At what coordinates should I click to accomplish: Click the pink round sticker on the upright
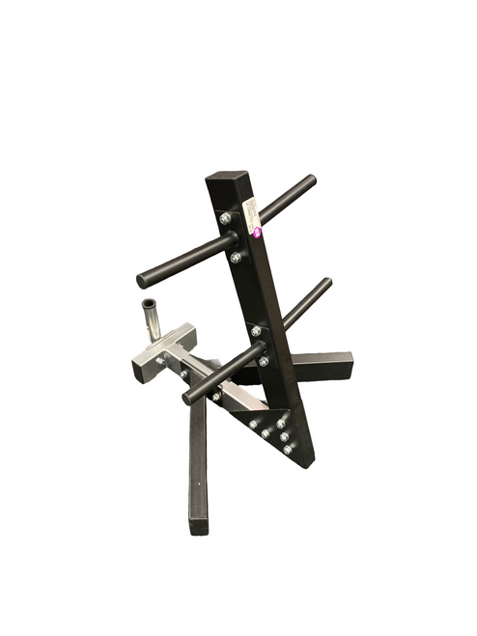click(258, 231)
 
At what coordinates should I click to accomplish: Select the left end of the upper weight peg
click(143, 281)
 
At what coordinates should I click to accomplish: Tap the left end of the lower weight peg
click(188, 398)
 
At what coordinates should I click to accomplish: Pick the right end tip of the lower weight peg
click(326, 284)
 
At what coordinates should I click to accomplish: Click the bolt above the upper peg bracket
click(225, 218)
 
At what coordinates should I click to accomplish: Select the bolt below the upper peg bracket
click(236, 258)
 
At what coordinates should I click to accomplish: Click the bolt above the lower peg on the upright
click(256, 331)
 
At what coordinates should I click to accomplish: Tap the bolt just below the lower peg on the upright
click(264, 361)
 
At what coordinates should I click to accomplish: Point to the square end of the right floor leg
click(342, 367)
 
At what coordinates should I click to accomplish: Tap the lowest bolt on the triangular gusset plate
click(288, 449)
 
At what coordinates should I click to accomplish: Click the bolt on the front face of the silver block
click(160, 360)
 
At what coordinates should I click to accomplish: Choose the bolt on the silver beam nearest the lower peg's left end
click(216, 396)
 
